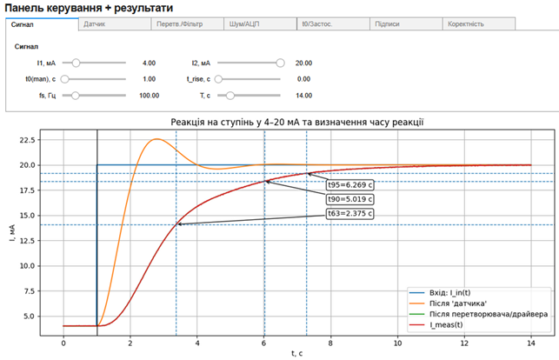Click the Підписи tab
click(387, 24)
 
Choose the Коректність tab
click(466, 24)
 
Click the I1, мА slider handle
click(77, 63)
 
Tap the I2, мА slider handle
click(280, 63)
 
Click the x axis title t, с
click(296, 354)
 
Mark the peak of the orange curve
click(156, 139)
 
